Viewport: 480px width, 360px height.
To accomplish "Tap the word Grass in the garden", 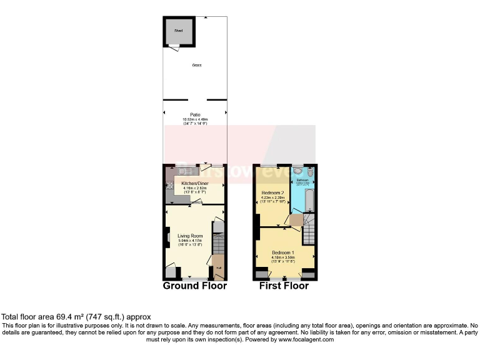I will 196,65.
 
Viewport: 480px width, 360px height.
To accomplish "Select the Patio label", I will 195,115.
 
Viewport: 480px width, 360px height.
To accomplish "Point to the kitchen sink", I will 184,169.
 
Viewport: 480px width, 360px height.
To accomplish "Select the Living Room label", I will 189,236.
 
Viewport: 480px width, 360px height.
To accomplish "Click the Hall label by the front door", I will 219,267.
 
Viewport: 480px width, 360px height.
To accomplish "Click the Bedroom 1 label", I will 284,252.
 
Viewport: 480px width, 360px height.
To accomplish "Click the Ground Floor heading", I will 194,286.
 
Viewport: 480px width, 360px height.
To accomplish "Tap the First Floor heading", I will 284,286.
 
